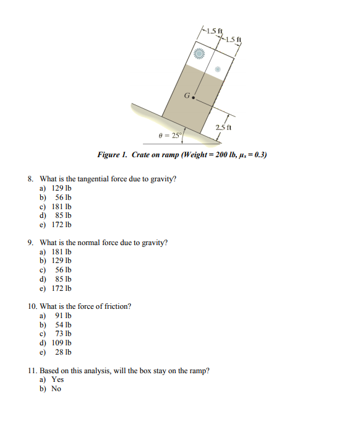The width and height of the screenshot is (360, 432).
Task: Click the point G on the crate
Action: (194, 98)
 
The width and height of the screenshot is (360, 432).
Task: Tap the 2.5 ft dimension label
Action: (223, 128)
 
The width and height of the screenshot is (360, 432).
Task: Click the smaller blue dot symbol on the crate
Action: (216, 70)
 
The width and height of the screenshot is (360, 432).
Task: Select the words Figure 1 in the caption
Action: (111, 154)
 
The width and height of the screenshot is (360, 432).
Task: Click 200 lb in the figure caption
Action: (219, 154)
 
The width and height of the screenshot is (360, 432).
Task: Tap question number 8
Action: (31, 179)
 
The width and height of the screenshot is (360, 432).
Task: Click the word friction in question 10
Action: (118, 306)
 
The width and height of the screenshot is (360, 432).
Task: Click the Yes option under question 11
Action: (58, 379)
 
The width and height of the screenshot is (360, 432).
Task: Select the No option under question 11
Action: (56, 389)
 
